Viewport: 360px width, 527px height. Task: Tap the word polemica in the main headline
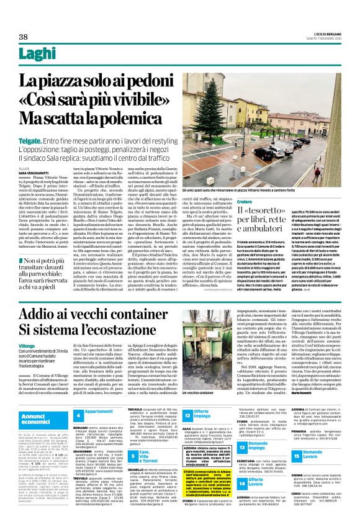[x=124, y=117]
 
